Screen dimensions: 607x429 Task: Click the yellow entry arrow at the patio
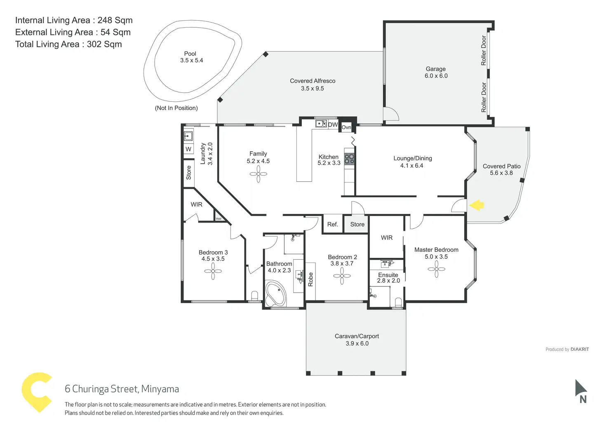477,205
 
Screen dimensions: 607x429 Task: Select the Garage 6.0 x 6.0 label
436,73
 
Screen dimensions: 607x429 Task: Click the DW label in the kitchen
333,124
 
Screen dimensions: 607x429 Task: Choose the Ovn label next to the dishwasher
346,127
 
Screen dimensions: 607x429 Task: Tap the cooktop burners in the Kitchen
349,159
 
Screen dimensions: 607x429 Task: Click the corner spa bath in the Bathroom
275,293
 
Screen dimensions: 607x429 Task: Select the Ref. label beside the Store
332,225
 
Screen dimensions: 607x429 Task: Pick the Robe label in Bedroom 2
311,279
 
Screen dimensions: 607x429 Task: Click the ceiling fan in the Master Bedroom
436,270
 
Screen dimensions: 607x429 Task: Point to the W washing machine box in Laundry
188,149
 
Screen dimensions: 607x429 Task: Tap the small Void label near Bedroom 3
219,218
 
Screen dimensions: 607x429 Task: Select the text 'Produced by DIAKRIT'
567,349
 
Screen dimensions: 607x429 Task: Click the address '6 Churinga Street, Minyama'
122,389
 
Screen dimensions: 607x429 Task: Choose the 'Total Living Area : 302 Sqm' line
68,44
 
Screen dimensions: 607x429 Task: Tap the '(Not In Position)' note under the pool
176,108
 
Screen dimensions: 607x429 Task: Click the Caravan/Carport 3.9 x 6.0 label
357,340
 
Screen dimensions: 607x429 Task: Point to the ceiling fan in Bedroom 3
213,271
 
